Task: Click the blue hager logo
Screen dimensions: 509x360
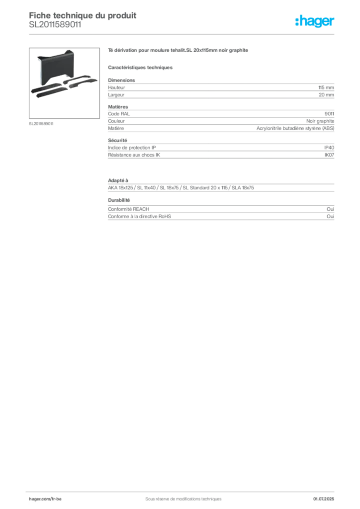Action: pos(316,22)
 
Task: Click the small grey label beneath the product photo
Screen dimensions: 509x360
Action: pos(41,123)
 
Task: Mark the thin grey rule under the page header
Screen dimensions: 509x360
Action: pos(183,33)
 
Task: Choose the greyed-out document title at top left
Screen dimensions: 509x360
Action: pos(83,15)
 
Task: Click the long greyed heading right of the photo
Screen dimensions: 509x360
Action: pos(179,51)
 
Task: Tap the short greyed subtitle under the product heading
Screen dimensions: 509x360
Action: pos(141,66)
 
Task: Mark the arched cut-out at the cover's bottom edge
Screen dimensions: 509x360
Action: pos(60,78)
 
